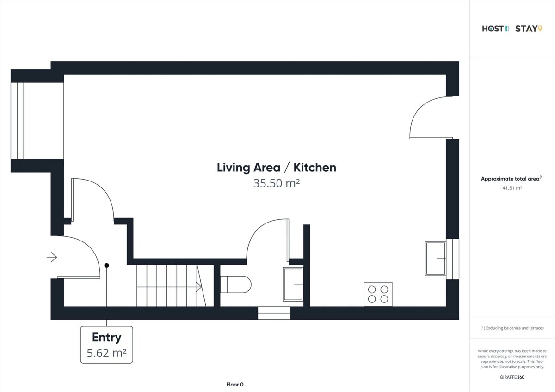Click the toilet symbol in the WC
(235, 284)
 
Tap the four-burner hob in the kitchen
(378, 294)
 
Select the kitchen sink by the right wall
(436, 259)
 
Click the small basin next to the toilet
(293, 284)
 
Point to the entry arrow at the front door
(52, 257)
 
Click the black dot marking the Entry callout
(106, 265)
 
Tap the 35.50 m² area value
(277, 183)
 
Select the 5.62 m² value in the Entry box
(106, 353)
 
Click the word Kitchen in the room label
(315, 168)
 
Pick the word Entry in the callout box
(106, 338)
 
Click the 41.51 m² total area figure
(512, 188)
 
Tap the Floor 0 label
(234, 385)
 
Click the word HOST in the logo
(493, 29)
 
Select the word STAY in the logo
(526, 29)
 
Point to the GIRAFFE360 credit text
(512, 377)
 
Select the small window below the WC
(274, 313)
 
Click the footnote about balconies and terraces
(512, 328)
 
